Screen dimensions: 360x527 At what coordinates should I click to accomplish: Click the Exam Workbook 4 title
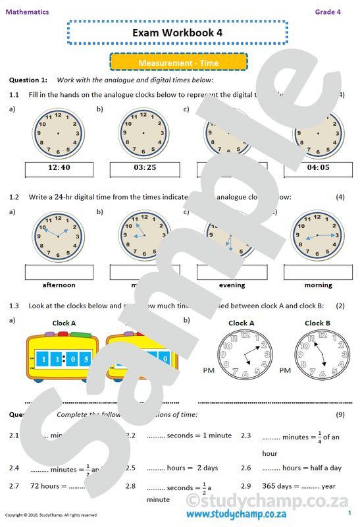tap(177, 32)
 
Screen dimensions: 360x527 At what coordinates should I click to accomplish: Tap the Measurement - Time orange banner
tap(178, 63)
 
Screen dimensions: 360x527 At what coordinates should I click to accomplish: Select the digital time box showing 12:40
tap(59, 168)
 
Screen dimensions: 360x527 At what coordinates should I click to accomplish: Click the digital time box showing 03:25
tap(144, 168)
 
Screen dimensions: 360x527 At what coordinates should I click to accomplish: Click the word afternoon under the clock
tap(59, 285)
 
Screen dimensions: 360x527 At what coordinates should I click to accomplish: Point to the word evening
tap(232, 285)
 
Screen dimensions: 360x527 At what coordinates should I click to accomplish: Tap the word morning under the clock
tap(318, 285)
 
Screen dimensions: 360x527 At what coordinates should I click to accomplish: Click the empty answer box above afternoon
tap(59, 271)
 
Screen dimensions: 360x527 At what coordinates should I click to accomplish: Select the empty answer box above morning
tap(318, 271)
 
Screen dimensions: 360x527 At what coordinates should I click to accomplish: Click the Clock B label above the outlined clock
tap(318, 323)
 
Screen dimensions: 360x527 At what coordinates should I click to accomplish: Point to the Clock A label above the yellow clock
tap(64, 323)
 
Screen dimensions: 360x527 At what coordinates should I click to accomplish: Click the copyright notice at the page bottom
tap(51, 515)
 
